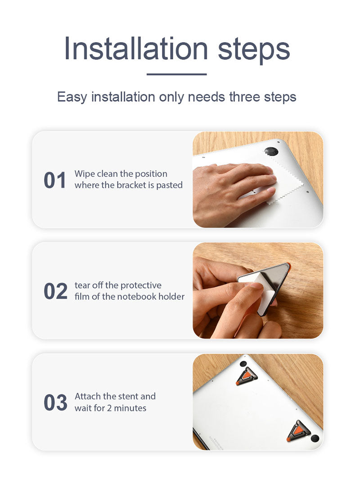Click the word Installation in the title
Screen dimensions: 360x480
point(136,48)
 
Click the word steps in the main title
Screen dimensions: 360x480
point(253,50)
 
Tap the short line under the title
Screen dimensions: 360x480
point(176,74)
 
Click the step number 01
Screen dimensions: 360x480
point(55,180)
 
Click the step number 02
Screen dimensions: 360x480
point(55,291)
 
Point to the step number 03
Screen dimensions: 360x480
point(55,403)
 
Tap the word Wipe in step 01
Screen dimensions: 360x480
point(84,174)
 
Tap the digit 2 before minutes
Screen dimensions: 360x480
point(109,408)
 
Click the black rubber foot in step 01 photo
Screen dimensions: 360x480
point(271,151)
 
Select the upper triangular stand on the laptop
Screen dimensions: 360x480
point(246,376)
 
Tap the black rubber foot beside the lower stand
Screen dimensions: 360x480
point(315,439)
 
